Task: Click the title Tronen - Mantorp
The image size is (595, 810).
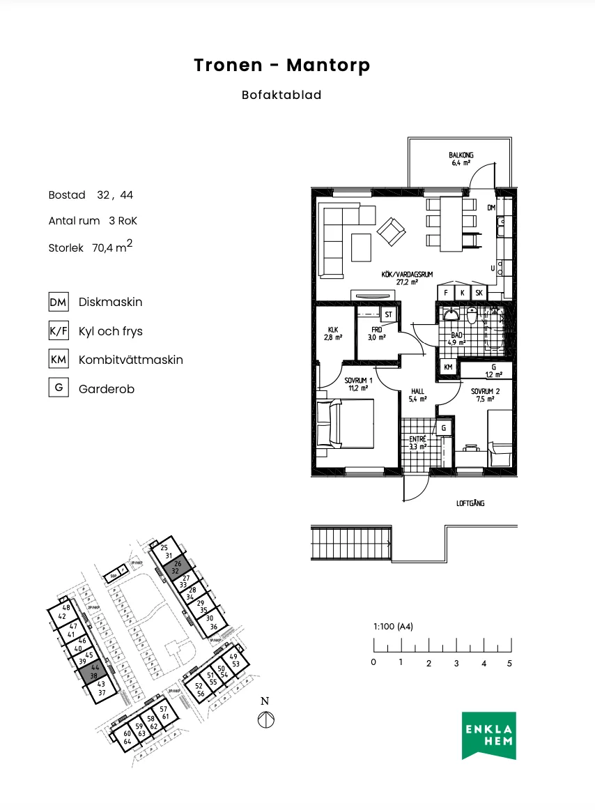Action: click(x=281, y=66)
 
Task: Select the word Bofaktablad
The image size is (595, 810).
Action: click(x=281, y=95)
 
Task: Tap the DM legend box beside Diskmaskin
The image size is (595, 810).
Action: click(x=58, y=302)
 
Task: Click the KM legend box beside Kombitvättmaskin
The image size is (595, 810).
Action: click(x=58, y=360)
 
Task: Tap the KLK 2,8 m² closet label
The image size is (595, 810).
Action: click(x=332, y=334)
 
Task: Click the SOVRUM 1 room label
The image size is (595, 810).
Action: click(x=358, y=385)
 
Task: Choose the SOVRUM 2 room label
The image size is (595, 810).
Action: click(x=481, y=395)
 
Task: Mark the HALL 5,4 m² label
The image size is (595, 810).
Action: click(x=417, y=395)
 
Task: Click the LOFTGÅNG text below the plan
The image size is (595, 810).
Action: click(x=470, y=503)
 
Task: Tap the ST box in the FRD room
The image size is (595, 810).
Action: click(x=389, y=314)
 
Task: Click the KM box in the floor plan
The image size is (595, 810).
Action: click(x=447, y=367)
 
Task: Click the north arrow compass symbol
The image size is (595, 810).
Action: click(x=265, y=719)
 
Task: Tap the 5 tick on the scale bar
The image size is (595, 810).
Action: click(x=510, y=662)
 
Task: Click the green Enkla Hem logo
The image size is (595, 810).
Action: click(x=489, y=735)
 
